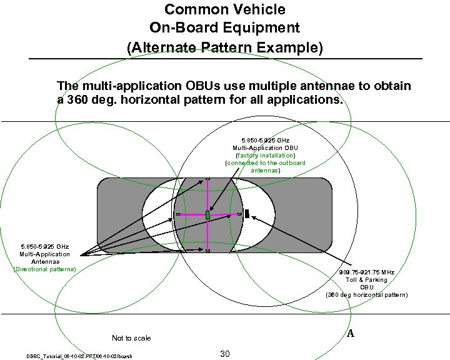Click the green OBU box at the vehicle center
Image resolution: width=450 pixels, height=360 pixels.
click(x=207, y=215)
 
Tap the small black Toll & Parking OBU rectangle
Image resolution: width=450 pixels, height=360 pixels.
click(x=247, y=214)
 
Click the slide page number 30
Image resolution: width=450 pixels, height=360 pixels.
click(x=226, y=354)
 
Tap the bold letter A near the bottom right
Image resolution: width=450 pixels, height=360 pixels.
click(x=351, y=334)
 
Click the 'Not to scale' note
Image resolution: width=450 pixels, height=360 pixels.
click(x=131, y=338)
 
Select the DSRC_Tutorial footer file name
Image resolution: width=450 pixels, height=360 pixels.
click(x=79, y=356)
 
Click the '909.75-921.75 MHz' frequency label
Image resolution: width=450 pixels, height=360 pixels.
click(x=366, y=272)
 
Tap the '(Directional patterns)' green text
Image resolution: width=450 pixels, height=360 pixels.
click(x=45, y=269)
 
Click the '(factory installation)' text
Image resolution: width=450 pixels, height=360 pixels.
click(x=265, y=155)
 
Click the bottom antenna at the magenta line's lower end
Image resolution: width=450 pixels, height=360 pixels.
click(x=207, y=251)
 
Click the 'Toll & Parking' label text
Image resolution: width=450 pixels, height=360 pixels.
click(x=366, y=280)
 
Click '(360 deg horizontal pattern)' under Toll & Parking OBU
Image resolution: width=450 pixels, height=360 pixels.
click(x=366, y=294)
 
